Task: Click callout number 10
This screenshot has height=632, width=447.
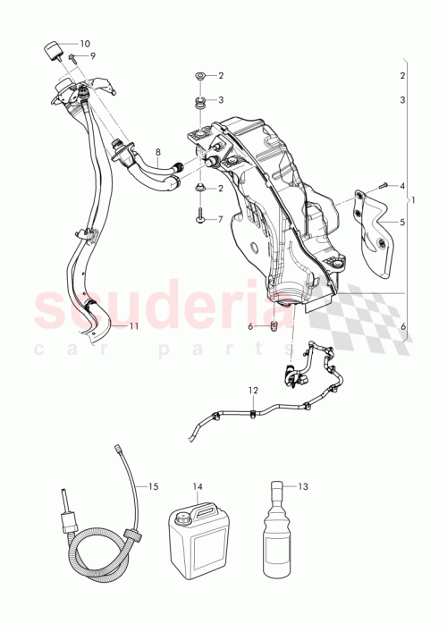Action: [85, 43]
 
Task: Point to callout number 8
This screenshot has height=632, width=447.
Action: [158, 152]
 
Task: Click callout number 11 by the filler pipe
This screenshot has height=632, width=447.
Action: [133, 326]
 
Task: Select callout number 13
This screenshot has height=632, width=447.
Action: [302, 486]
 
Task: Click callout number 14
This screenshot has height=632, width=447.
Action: [198, 487]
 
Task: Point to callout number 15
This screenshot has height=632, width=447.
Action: [154, 486]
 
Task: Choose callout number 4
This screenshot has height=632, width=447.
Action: [402, 186]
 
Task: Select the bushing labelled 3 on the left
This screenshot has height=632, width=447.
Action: [201, 100]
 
